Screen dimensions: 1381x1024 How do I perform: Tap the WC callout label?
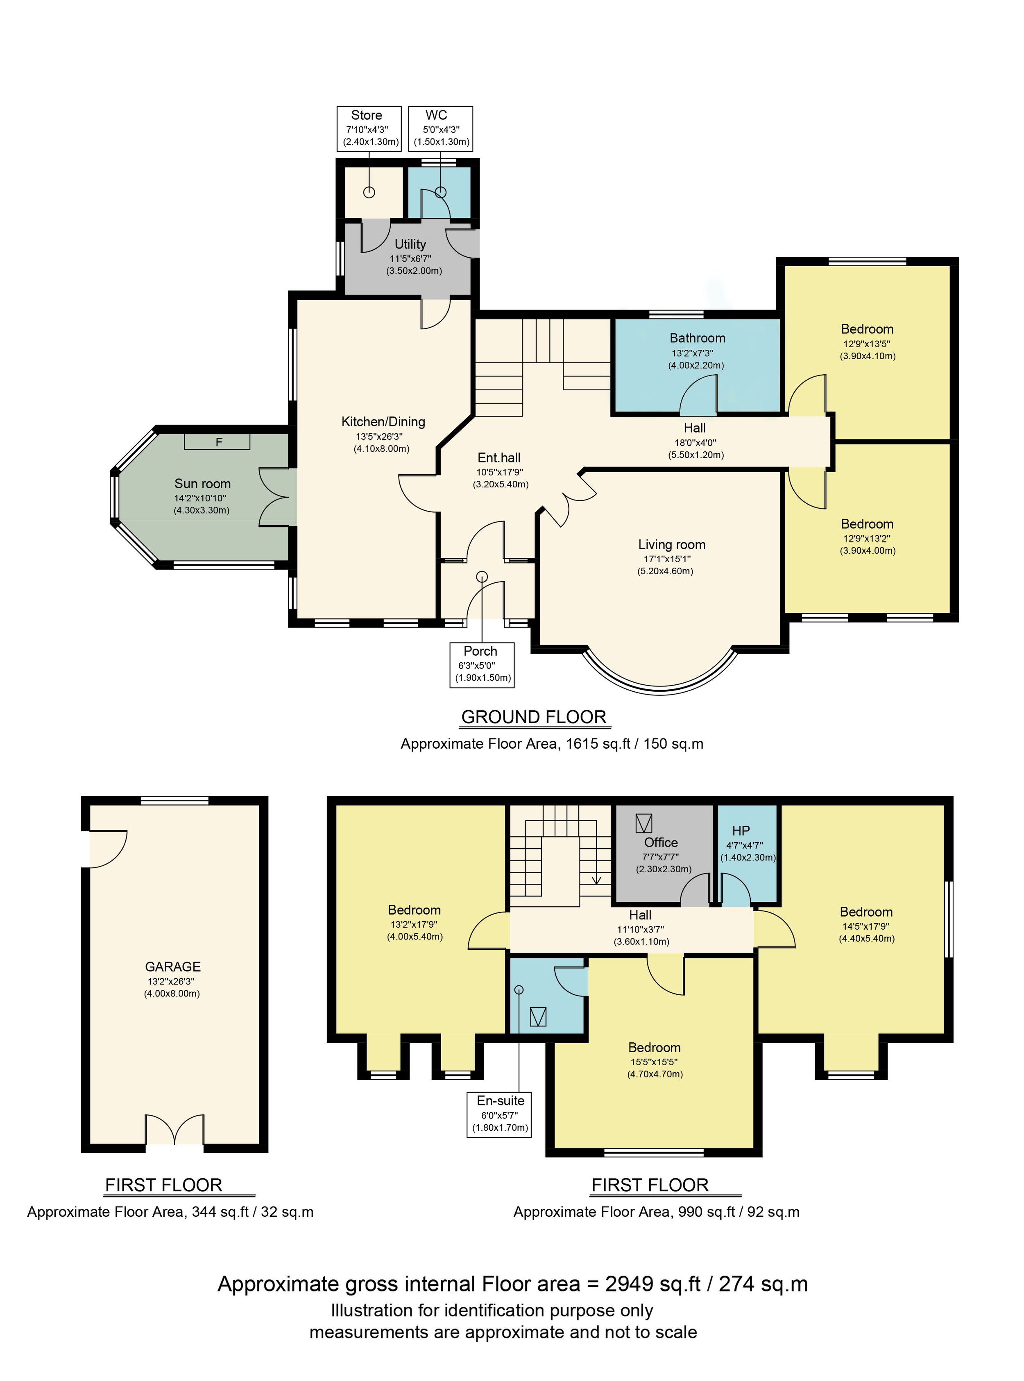(x=441, y=128)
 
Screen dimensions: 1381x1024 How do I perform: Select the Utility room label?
(x=410, y=244)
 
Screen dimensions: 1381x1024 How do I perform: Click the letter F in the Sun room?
(x=218, y=442)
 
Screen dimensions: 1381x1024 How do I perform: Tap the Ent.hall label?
(x=499, y=458)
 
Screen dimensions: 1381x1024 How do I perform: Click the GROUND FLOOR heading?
(x=534, y=717)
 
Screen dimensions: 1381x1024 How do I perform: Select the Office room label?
(x=661, y=843)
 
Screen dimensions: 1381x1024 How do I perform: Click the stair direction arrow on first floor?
(x=596, y=877)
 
